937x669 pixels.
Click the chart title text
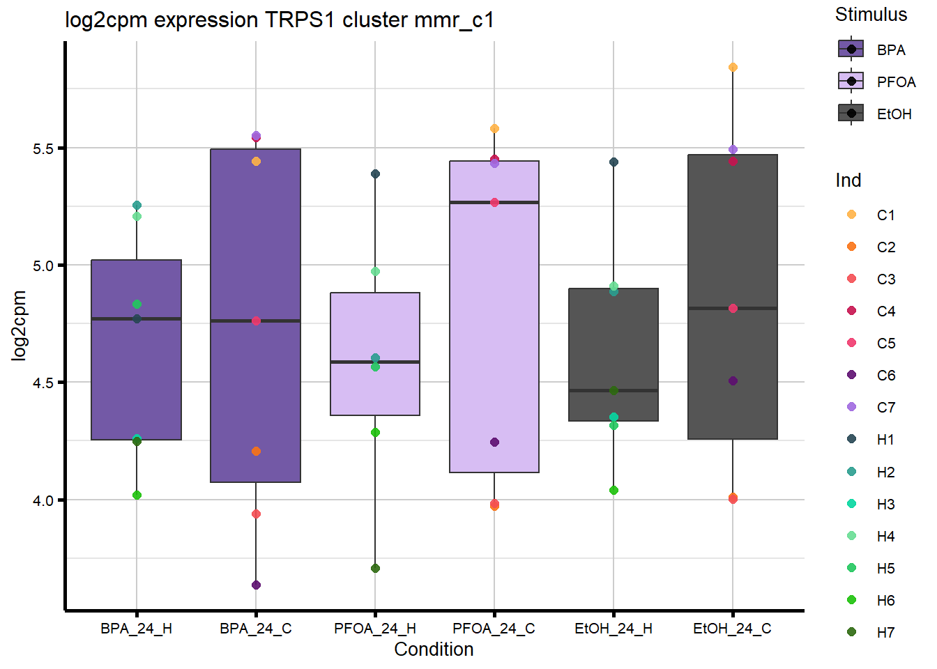tap(280, 20)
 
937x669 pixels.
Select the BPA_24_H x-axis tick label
tap(136, 629)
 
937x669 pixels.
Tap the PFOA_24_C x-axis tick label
tap(494, 629)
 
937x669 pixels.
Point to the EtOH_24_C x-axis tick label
tap(732, 629)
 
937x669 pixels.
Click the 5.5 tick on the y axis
tap(44, 148)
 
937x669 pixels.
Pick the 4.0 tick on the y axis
tap(44, 500)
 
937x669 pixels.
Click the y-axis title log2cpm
tap(19, 325)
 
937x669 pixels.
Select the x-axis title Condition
tap(434, 649)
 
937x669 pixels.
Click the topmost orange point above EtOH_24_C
tap(733, 68)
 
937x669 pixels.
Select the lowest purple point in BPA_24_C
tap(256, 585)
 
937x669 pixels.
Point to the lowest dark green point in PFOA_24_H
tap(375, 569)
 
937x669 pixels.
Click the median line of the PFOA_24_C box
tap(494, 202)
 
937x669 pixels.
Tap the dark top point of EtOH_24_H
tap(614, 162)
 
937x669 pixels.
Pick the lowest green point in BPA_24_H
tap(137, 495)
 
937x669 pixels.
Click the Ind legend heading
tap(848, 180)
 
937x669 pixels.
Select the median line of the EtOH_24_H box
tap(614, 390)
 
